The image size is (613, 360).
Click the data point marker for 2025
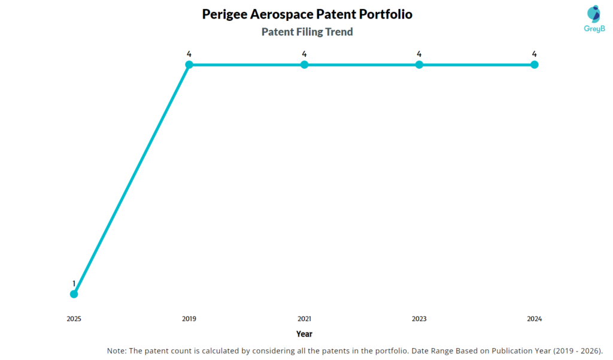click(x=74, y=294)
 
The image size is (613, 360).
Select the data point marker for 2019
click(x=189, y=65)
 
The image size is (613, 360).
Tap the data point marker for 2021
click(x=304, y=65)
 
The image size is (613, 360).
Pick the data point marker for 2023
click(x=419, y=65)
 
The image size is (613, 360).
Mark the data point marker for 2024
click(x=535, y=65)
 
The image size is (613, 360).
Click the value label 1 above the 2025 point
click(x=74, y=283)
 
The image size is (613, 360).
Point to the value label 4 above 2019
click(x=189, y=54)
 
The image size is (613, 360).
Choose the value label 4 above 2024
click(x=535, y=54)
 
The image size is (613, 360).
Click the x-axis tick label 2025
click(x=74, y=319)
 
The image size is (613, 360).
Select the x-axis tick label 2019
click(x=189, y=319)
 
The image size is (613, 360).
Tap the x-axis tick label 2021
click(x=304, y=319)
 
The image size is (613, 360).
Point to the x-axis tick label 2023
click(x=419, y=319)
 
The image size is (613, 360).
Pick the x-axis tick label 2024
click(x=535, y=319)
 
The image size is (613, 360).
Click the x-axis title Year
click(x=304, y=334)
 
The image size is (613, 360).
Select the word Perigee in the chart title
click(x=226, y=14)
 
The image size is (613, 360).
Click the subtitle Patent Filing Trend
click(x=307, y=32)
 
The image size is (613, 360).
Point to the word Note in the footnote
click(x=116, y=350)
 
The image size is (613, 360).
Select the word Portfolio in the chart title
click(x=382, y=14)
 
